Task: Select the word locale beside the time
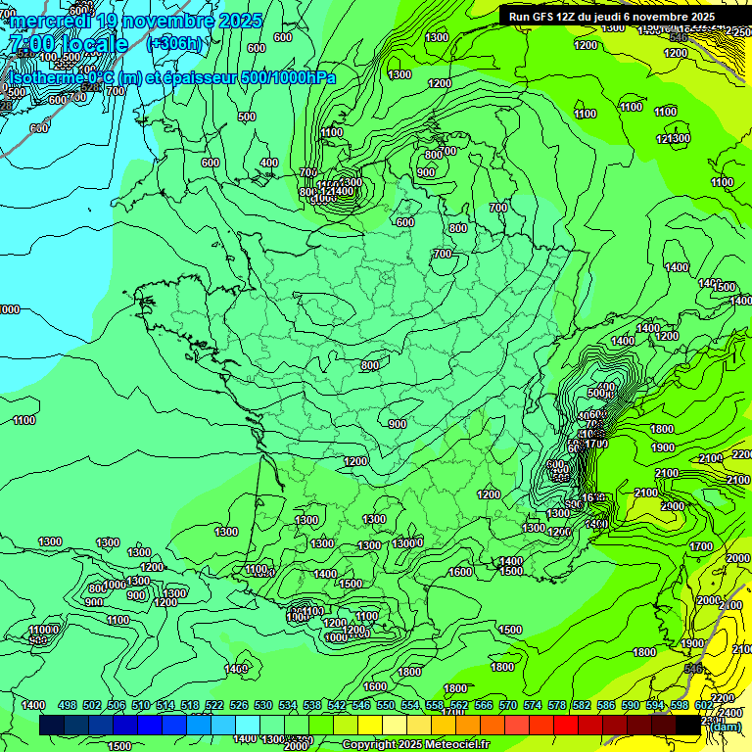tap(93, 44)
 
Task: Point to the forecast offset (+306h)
tap(174, 44)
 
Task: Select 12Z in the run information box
tap(567, 17)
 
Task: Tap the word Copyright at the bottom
tap(369, 745)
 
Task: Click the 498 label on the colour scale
tap(68, 705)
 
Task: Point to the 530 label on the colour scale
tap(263, 705)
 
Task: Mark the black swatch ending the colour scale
tap(688, 725)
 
